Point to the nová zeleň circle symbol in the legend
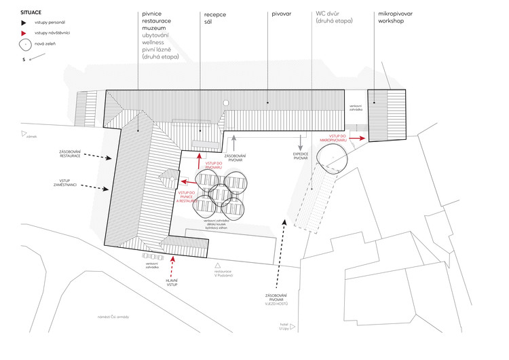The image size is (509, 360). tap(26, 45)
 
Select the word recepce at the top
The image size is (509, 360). tap(214, 13)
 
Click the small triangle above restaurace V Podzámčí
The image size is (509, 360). tap(218, 266)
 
